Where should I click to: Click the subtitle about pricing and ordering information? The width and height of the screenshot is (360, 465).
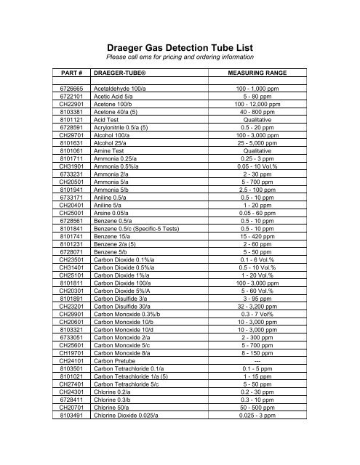[x=180, y=57]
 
